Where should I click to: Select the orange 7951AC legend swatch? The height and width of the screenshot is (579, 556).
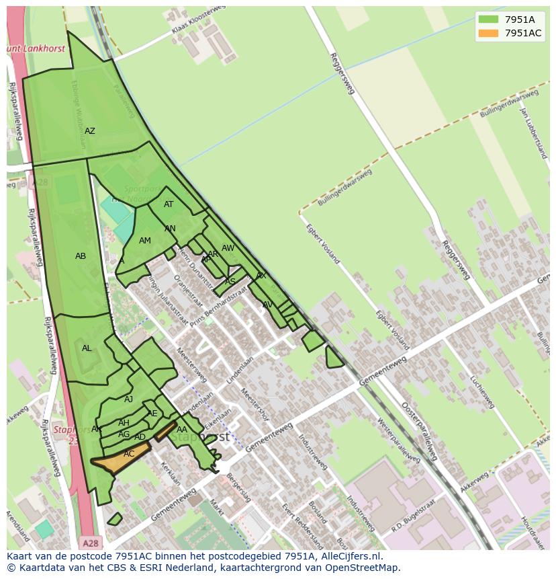click(489, 33)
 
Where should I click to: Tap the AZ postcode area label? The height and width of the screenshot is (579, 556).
click(89, 131)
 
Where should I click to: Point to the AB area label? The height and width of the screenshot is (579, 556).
click(81, 256)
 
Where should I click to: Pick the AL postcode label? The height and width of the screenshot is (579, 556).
click(87, 348)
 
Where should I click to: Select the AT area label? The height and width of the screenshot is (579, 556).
click(169, 204)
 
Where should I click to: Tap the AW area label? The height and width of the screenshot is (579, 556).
click(228, 248)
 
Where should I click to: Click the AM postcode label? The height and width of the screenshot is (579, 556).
click(145, 241)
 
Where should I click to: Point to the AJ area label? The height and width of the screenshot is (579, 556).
click(129, 399)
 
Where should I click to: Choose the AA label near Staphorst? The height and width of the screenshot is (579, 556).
click(182, 430)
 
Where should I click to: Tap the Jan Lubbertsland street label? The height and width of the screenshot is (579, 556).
click(535, 131)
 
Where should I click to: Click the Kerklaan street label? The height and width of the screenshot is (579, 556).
click(170, 474)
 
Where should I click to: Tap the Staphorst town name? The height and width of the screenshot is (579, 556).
click(199, 437)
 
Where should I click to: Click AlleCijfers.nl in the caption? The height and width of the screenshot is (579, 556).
click(349, 556)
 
